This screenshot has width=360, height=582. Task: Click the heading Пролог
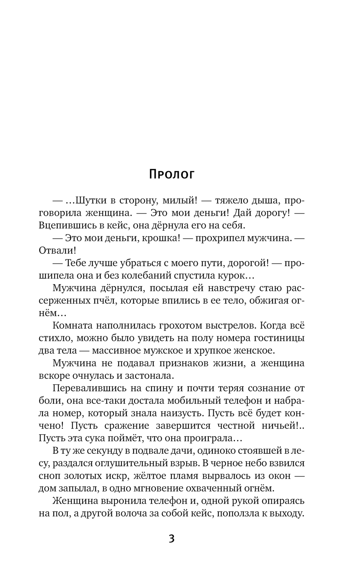coord(171,174)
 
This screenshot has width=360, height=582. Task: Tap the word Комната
coord(72,326)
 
